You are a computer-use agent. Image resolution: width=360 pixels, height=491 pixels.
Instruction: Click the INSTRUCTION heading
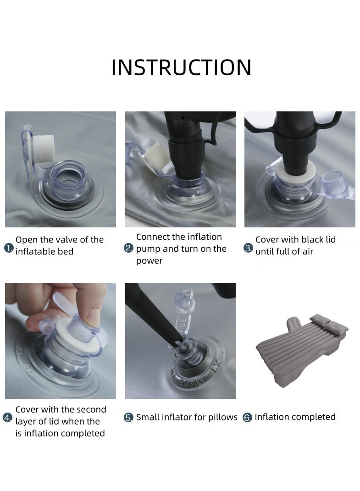pyautogui.click(x=182, y=67)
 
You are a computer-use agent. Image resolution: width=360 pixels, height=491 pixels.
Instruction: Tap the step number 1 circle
pyautogui.click(x=9, y=248)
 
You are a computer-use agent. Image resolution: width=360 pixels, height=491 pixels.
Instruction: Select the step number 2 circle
pyautogui.click(x=129, y=248)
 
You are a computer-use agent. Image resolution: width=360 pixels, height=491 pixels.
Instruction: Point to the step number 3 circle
pyautogui.click(x=248, y=248)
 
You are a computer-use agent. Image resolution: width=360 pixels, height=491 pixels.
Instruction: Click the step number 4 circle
pyautogui.click(x=7, y=418)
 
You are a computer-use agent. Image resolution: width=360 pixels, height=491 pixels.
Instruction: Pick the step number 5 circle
pyautogui.click(x=129, y=418)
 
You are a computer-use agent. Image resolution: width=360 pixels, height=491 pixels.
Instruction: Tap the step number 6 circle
pyautogui.click(x=247, y=418)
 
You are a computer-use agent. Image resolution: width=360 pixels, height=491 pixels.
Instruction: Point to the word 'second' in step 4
pyautogui.click(x=91, y=409)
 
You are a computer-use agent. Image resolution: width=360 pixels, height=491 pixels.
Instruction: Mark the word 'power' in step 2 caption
pyautogui.click(x=149, y=261)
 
